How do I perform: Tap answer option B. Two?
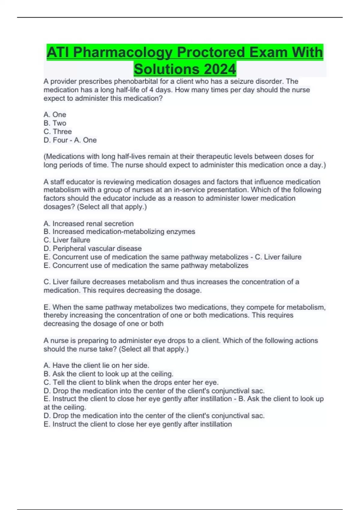[55, 123]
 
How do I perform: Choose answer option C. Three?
[58, 131]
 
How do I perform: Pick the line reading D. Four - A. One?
[70, 140]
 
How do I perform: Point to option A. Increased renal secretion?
[88, 223]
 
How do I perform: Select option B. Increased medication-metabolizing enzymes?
[119, 232]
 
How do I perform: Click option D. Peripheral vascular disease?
[92, 248]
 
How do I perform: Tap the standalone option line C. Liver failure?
[67, 240]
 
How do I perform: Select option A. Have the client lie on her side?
[96, 365]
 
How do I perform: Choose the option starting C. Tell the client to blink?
[131, 382]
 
